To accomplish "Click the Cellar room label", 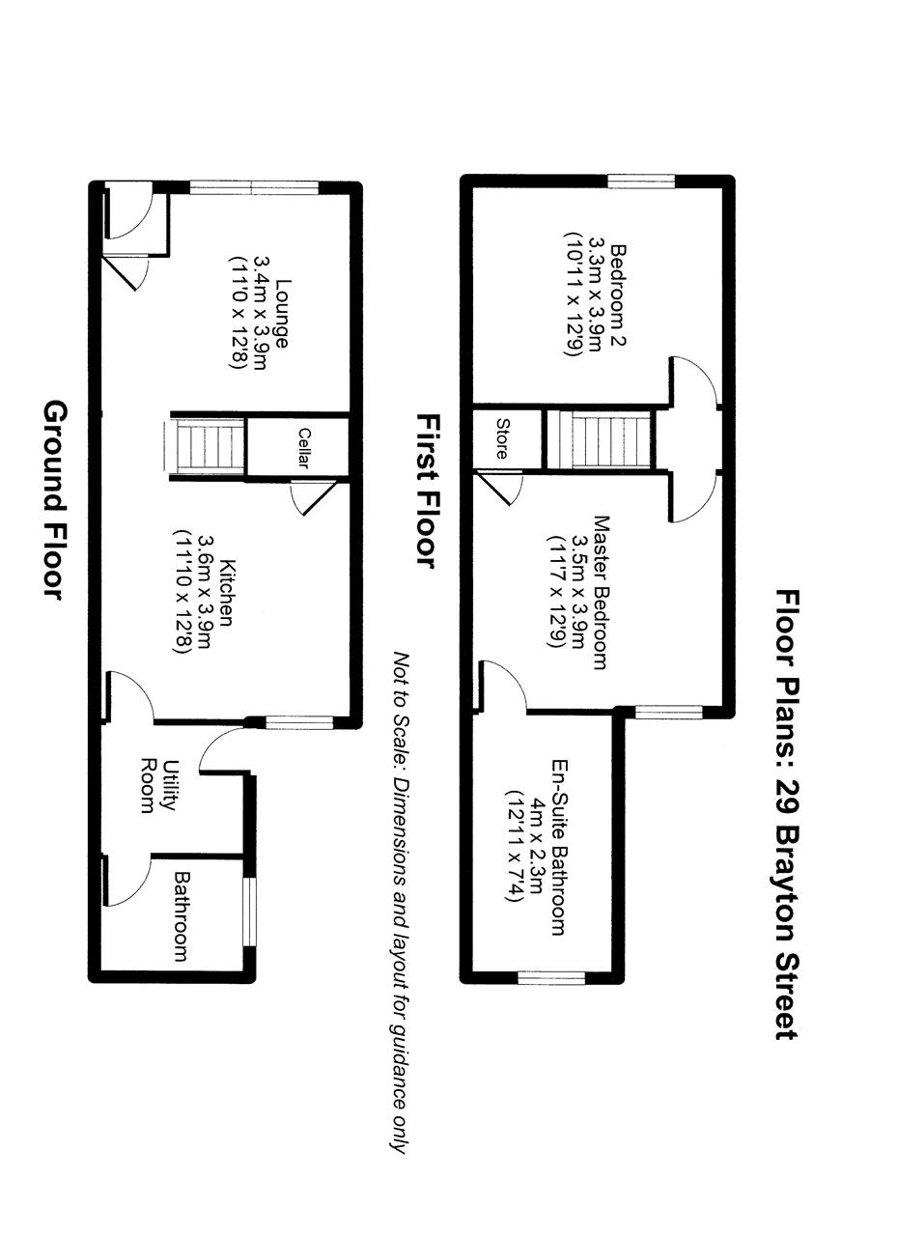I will pos(304,448).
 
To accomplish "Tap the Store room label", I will pos(501,437).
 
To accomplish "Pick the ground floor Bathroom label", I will pos(181,915).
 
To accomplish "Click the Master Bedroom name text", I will pos(600,592).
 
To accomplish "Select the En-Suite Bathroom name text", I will pos(557,847).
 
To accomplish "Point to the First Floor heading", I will pos(426,492).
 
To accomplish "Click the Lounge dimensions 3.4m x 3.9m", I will pos(260,313).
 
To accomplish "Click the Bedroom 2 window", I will pos(641,180).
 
